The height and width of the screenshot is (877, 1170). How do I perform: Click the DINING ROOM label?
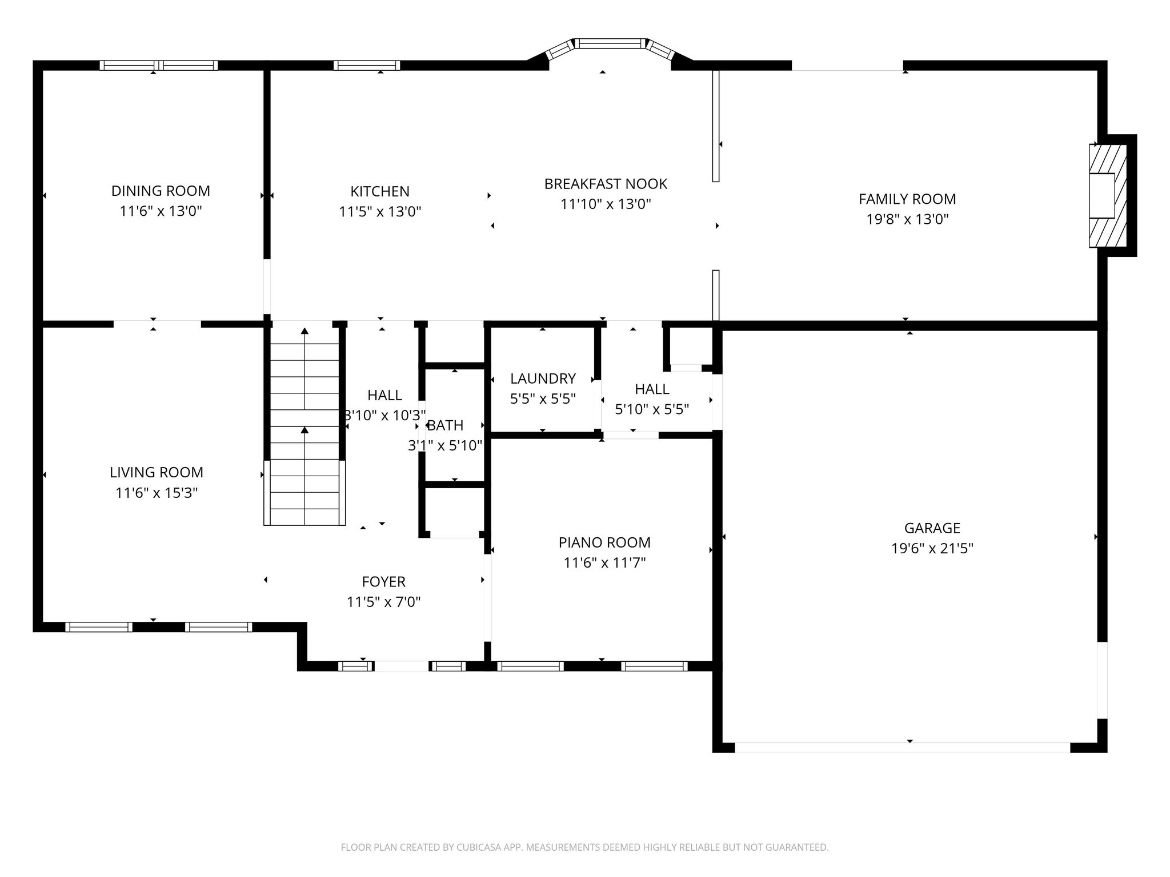point(161,191)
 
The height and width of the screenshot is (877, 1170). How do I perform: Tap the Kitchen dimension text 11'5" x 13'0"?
point(380,212)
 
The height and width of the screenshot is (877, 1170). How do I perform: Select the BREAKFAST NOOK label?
point(606,184)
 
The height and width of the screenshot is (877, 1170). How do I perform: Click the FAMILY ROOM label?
point(907,199)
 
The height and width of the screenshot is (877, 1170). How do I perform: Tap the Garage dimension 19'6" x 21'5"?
point(932,549)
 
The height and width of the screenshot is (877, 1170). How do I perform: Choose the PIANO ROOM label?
point(604,542)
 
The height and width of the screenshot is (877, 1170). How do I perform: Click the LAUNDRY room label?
point(543,379)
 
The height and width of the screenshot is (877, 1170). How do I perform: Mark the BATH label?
point(446,425)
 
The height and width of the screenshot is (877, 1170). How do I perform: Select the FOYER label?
point(383,582)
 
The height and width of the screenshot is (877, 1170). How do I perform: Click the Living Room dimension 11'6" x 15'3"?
point(157,493)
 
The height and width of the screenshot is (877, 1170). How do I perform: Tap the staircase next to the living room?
point(304,425)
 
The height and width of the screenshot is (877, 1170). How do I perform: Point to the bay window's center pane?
point(610,43)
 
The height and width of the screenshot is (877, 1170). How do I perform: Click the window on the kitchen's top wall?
point(366,65)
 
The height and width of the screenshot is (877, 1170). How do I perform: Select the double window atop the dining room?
point(159,65)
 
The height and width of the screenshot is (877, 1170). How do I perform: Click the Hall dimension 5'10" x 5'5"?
point(652,409)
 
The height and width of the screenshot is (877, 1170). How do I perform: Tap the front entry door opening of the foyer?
point(401,666)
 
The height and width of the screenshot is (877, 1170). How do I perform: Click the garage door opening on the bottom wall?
point(902,747)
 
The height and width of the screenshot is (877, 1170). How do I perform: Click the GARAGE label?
point(932,528)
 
